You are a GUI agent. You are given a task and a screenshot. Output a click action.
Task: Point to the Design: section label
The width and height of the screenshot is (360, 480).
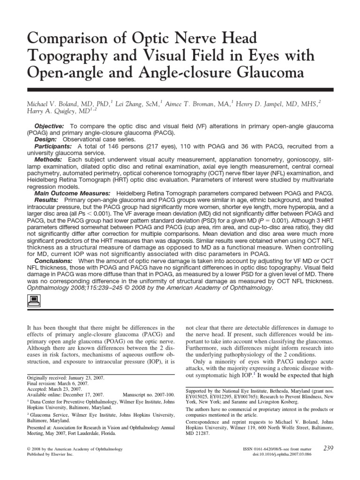(x=46, y=140)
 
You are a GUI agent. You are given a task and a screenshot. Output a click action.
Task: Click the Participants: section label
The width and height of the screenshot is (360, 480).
(x=52, y=146)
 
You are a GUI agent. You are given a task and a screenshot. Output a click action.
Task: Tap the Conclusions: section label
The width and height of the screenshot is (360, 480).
(x=53, y=261)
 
